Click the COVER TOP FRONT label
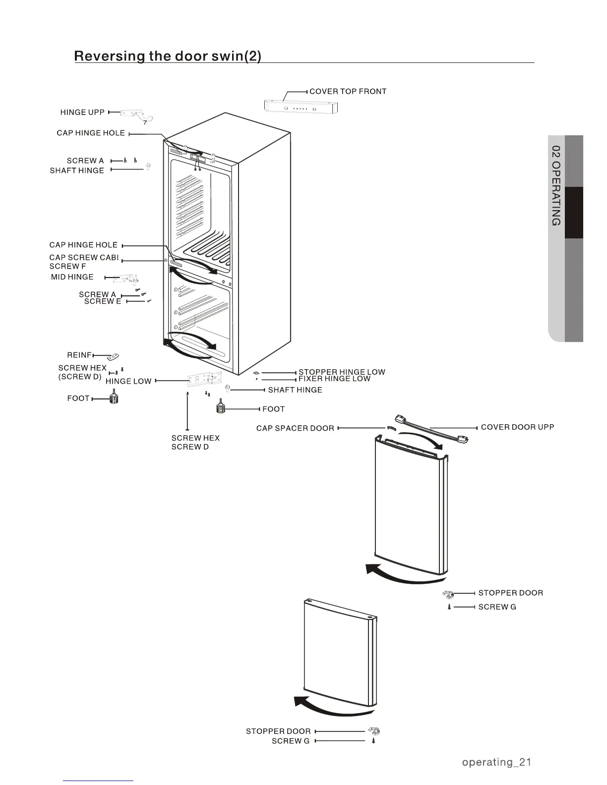348,92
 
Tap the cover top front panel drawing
301,106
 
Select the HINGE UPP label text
82,112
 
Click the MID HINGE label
72,277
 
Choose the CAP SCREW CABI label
84,258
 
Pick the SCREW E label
103,301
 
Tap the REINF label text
79,355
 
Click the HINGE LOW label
128,381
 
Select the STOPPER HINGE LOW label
342,372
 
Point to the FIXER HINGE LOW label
334,379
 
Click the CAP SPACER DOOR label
295,428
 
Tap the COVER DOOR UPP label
517,427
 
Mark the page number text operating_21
496,762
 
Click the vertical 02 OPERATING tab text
556,186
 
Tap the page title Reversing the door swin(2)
168,56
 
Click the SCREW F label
67,267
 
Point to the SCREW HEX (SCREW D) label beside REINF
82,372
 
